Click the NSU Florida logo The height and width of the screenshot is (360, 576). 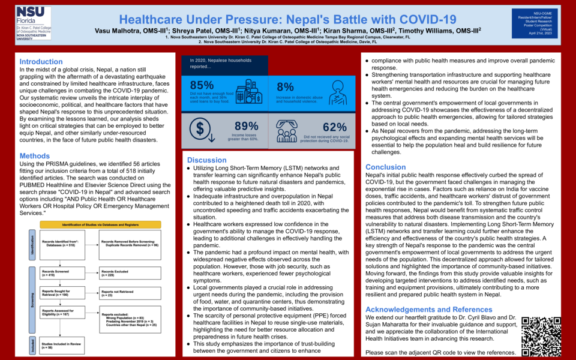[x=34, y=23]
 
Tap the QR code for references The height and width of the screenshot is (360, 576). [x=541, y=336]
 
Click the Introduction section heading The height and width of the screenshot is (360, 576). [x=41, y=62]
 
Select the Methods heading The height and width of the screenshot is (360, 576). [x=35, y=156]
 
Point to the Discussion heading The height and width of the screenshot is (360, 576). [x=206, y=160]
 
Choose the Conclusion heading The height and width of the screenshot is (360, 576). [x=385, y=167]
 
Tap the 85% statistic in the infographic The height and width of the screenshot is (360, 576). [x=202, y=85]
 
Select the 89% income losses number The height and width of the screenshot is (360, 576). [x=246, y=126]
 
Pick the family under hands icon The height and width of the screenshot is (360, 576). [x=290, y=128]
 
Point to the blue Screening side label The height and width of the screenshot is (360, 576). [x=32, y=298]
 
